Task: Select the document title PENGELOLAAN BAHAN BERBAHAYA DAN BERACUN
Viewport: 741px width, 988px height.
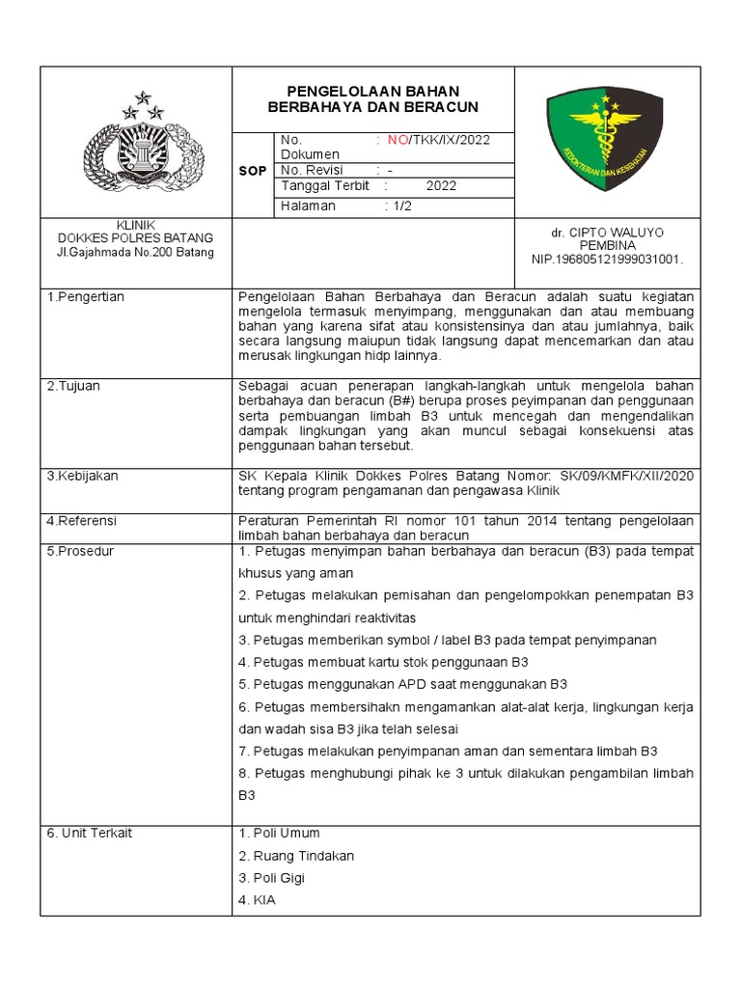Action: (372, 98)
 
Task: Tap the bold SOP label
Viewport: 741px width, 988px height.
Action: (252, 170)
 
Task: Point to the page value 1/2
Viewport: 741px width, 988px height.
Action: (400, 206)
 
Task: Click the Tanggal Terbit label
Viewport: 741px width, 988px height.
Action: (324, 186)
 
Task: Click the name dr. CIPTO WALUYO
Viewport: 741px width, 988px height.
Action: (607, 233)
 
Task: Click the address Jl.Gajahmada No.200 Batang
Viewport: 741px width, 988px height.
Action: (135, 253)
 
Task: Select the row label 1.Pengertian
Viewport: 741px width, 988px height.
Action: (86, 297)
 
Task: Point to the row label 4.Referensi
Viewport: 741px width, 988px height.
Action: (82, 521)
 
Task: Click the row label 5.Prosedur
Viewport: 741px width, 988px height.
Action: (80, 551)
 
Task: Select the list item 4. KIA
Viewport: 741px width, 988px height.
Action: (257, 901)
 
